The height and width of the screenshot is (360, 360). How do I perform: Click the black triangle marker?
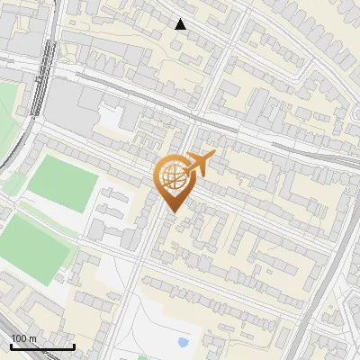[181, 24]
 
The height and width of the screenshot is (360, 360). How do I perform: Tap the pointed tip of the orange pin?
[171, 212]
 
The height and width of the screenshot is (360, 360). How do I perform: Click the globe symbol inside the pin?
[171, 178]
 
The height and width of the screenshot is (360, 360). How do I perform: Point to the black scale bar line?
[41, 346]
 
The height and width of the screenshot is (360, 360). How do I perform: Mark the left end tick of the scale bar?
[10, 346]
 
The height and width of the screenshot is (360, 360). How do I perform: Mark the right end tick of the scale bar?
[74, 346]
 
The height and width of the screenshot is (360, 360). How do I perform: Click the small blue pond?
[184, 342]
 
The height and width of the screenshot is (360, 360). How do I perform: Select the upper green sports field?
[61, 184]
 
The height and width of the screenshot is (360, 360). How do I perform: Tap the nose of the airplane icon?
[215, 156]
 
